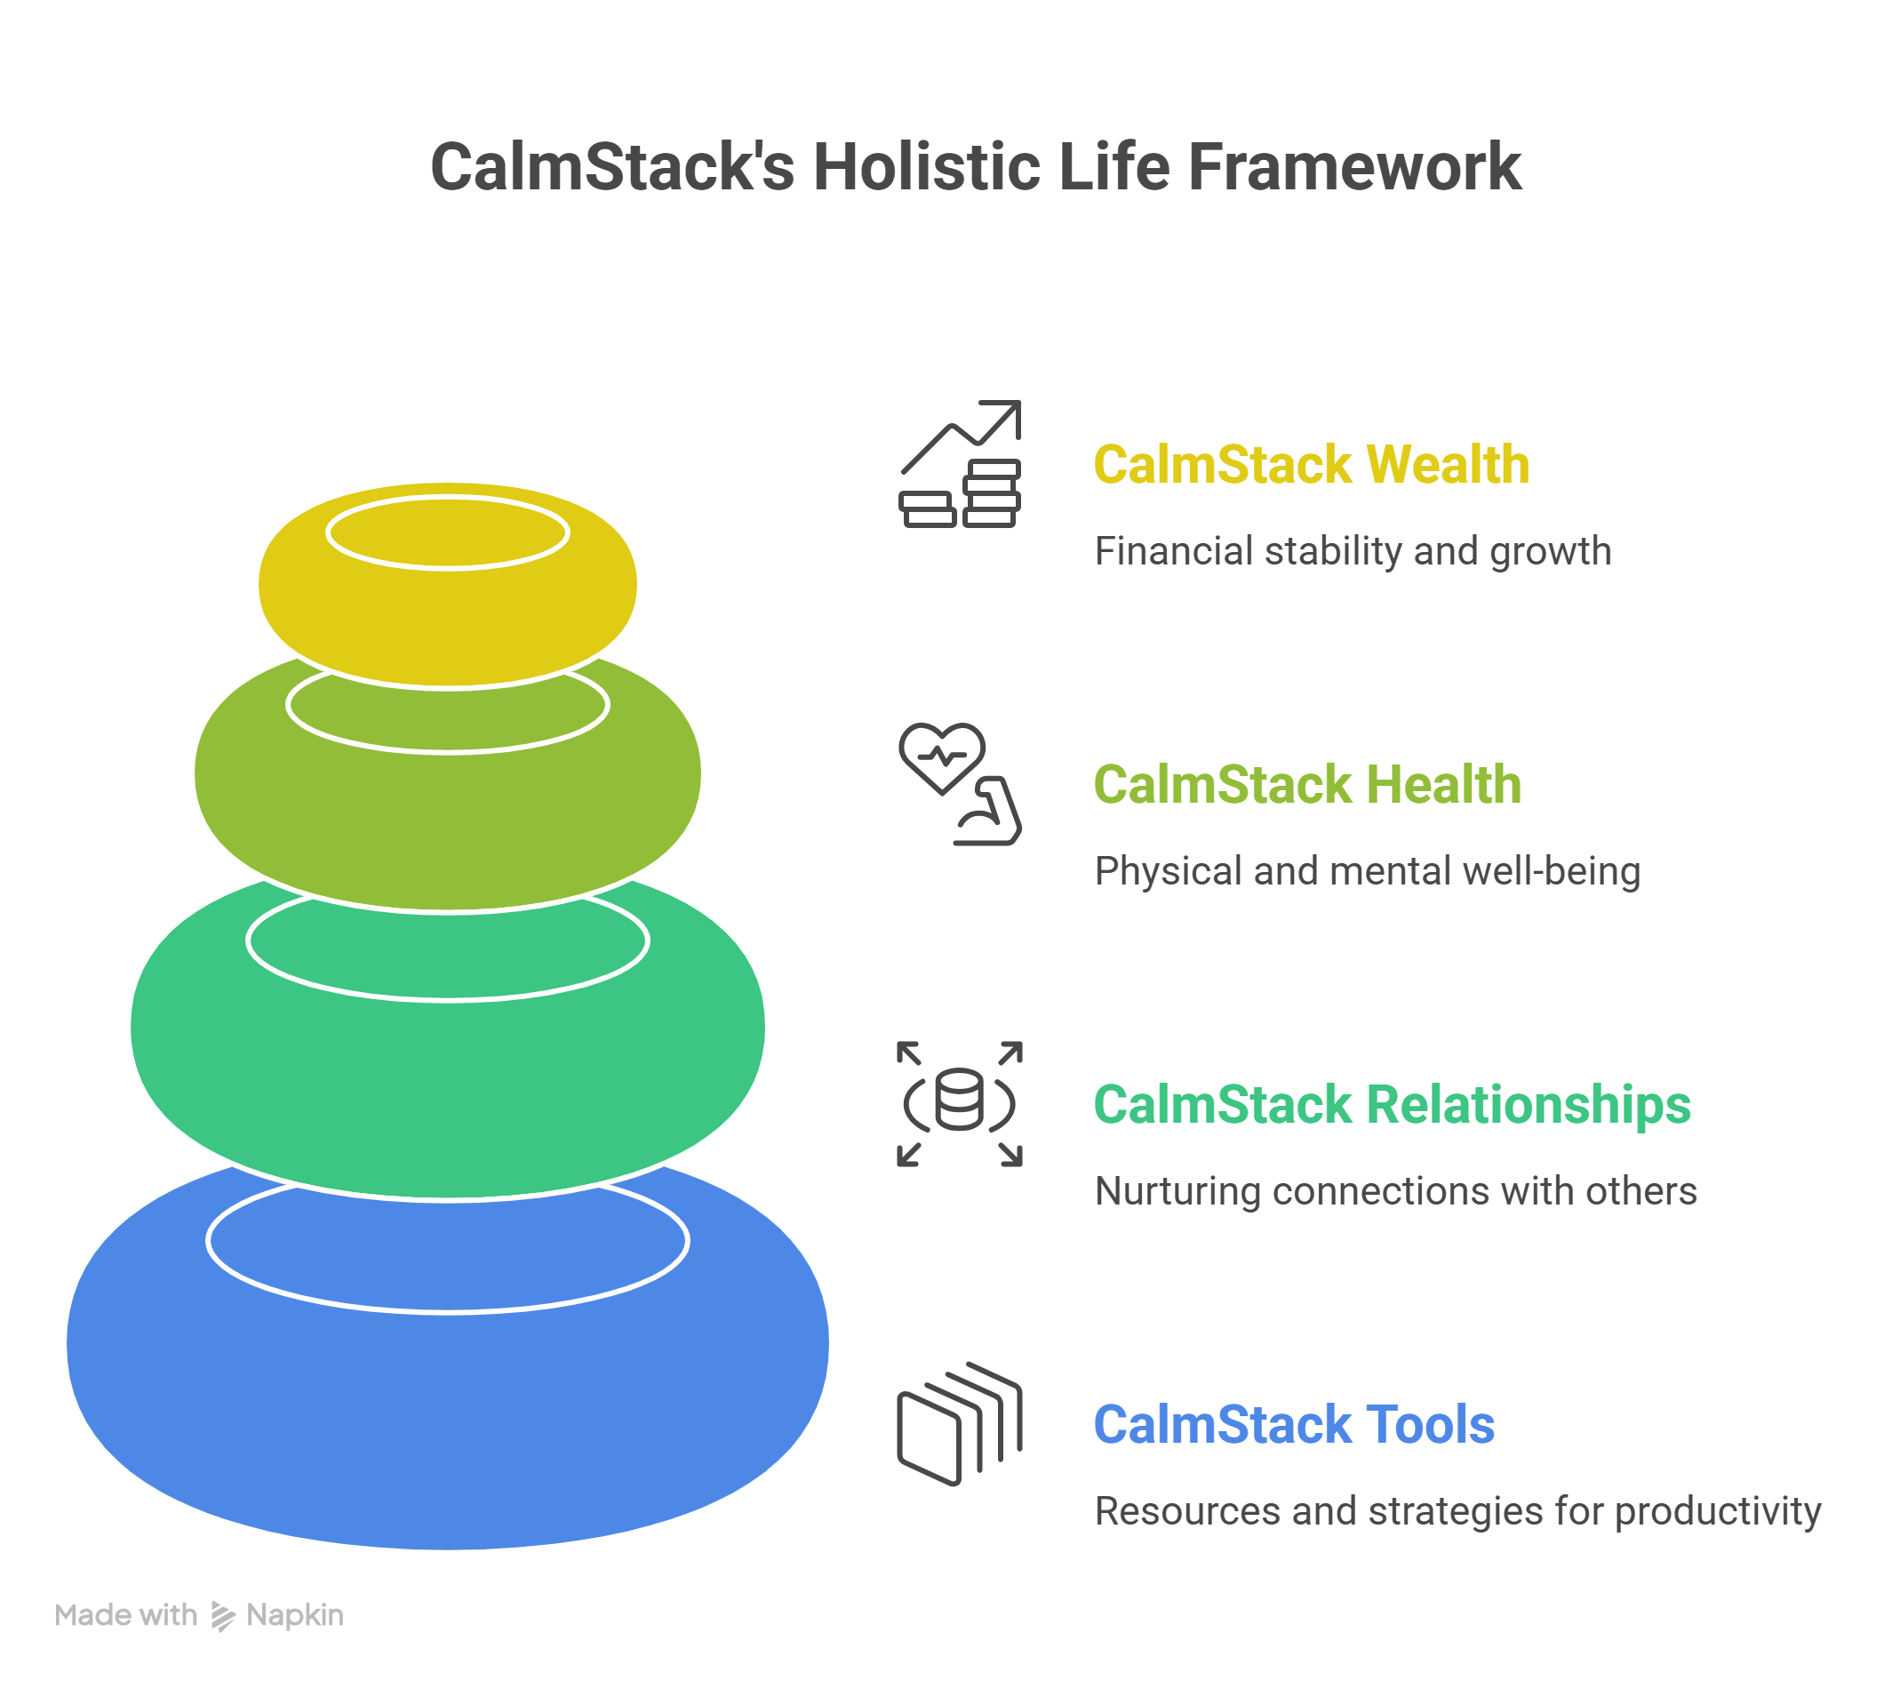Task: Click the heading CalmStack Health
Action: (x=1307, y=784)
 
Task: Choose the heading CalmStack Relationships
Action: (x=1393, y=1104)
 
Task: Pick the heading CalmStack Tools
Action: (x=1294, y=1425)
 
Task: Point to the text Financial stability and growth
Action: (x=1353, y=551)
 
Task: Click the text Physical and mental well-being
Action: (x=1367, y=871)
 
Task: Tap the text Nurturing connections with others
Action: (x=1395, y=1191)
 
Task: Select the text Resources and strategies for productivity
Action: (x=1457, y=1511)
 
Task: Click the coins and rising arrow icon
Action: (x=960, y=464)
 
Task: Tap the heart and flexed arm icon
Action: (x=960, y=784)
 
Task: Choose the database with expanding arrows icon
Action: (x=960, y=1103)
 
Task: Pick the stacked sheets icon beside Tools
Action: (x=960, y=1425)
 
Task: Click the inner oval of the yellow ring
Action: (x=448, y=533)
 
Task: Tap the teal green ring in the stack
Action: (x=448, y=1093)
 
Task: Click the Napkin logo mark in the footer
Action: (x=222, y=1615)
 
